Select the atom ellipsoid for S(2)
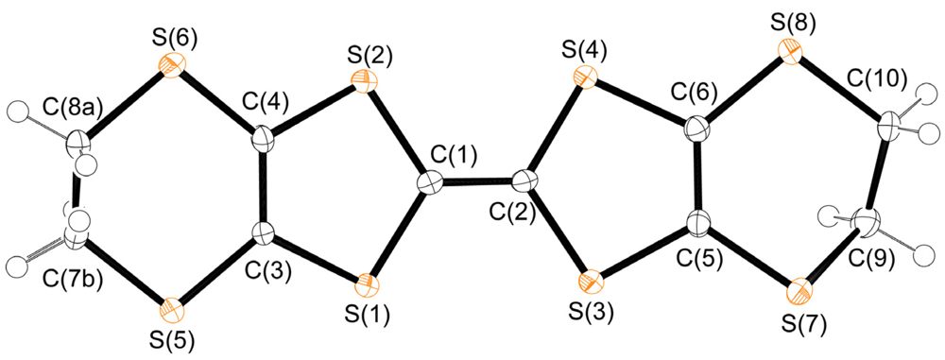[x=359, y=82]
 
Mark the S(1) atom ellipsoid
[x=368, y=283]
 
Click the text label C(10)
[x=888, y=82]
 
